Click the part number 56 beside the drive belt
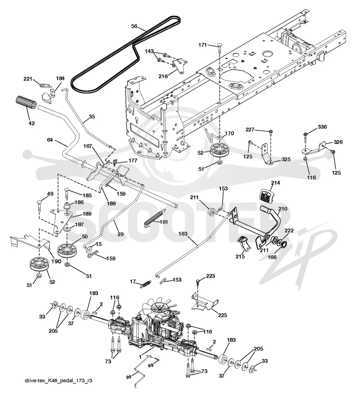(134, 26)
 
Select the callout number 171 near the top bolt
(202, 45)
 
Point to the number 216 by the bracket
(163, 76)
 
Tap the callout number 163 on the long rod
(183, 233)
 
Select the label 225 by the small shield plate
(222, 315)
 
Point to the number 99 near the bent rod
(129, 377)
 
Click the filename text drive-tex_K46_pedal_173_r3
(58, 381)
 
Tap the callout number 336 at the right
(322, 127)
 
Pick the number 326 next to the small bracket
(338, 142)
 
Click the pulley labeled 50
(67, 250)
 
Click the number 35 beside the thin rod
(92, 117)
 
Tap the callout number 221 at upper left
(28, 79)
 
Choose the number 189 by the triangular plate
(87, 214)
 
